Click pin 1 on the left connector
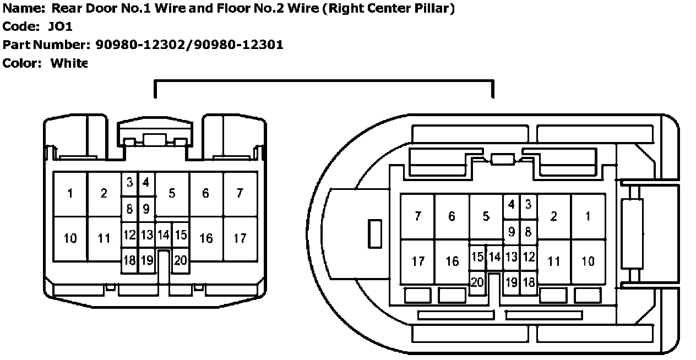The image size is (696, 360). tap(70, 194)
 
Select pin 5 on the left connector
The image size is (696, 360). tap(172, 194)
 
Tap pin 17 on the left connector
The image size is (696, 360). tap(240, 239)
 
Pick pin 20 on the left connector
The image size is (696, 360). tap(181, 261)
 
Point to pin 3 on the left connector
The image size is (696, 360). tap(129, 182)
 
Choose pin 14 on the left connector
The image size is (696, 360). tap(163, 236)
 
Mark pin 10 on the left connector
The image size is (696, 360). tap(70, 239)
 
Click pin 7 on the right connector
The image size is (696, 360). tap(418, 216)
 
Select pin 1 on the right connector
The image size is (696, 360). tap(588, 216)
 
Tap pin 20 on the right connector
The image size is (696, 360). tap(477, 282)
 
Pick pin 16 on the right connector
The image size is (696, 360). tap(452, 261)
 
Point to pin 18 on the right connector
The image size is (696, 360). tap(529, 282)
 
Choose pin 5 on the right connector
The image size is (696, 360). tap(486, 216)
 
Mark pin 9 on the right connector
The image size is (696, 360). tap(512, 232)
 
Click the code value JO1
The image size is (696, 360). tap(61, 26)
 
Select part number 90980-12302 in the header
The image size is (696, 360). tap(142, 45)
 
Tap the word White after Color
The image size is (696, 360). tap(69, 63)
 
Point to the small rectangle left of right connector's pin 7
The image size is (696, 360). tap(374, 233)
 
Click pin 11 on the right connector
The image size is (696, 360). tap(554, 261)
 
